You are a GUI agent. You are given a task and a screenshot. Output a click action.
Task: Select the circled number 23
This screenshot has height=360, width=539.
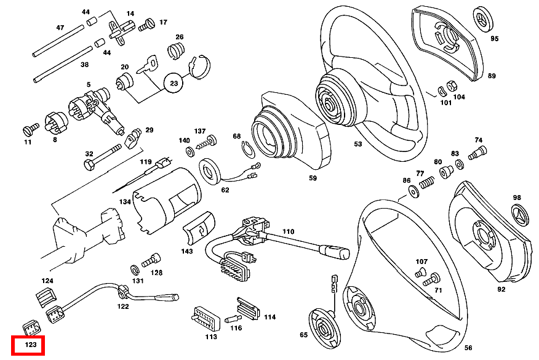pyautogui.click(x=174, y=82)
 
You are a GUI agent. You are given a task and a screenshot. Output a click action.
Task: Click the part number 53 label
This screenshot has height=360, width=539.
pyautogui.click(x=358, y=144)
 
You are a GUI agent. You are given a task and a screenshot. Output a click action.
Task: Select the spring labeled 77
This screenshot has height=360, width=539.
pyautogui.click(x=426, y=182)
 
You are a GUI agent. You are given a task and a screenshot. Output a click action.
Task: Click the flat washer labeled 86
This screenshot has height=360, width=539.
pyautogui.click(x=412, y=192)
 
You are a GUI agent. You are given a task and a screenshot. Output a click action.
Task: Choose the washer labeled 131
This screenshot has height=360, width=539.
pyautogui.click(x=135, y=270)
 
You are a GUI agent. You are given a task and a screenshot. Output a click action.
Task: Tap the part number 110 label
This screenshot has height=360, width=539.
pyautogui.click(x=288, y=232)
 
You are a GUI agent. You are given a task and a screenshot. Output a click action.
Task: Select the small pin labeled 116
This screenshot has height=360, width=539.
pyautogui.click(x=232, y=319)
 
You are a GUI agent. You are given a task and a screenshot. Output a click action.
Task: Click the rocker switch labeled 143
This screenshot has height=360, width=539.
pyautogui.click(x=199, y=230)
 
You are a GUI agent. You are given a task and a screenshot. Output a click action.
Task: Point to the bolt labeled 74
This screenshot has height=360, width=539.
pyautogui.click(x=477, y=151)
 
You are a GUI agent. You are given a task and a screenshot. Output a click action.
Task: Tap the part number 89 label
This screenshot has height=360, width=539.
pyautogui.click(x=492, y=76)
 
